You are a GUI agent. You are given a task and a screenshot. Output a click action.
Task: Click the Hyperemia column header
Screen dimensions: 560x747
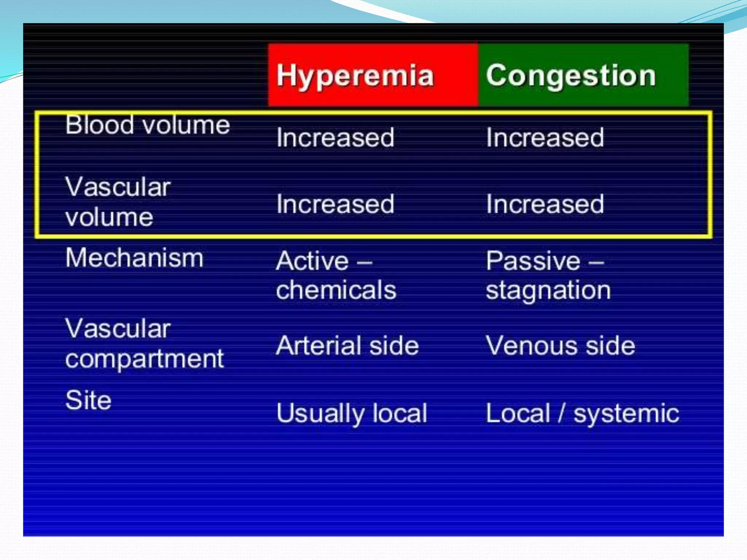(355, 75)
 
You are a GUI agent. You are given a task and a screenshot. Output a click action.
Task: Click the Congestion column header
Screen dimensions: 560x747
(570, 75)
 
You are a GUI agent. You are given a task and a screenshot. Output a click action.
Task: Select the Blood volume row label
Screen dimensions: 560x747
(147, 125)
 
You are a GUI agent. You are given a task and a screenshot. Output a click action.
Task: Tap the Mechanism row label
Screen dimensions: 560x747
(134, 258)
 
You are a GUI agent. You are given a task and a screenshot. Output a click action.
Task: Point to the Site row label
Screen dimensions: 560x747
(88, 400)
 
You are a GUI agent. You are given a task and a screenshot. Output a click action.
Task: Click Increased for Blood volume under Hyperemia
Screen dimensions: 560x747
(335, 138)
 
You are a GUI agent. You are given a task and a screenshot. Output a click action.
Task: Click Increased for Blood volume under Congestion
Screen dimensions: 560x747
(545, 138)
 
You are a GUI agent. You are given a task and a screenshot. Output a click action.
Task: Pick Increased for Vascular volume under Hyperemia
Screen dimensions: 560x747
(335, 204)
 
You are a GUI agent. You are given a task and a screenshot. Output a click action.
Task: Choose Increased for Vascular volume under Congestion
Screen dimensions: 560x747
(545, 204)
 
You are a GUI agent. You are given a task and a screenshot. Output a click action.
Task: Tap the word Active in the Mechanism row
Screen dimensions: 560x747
(312, 261)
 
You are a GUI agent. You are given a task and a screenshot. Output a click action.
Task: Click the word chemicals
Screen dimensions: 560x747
(336, 290)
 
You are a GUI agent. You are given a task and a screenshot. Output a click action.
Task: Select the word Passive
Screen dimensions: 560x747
(533, 261)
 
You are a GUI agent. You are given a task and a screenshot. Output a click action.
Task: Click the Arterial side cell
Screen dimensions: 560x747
(347, 346)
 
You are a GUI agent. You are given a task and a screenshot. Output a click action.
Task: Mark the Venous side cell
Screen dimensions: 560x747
(560, 346)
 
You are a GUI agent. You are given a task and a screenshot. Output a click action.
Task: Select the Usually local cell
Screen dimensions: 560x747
(352, 413)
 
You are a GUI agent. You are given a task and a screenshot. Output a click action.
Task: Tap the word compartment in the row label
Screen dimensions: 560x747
(144, 359)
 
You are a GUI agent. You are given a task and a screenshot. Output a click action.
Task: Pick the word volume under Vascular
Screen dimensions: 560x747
(109, 218)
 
